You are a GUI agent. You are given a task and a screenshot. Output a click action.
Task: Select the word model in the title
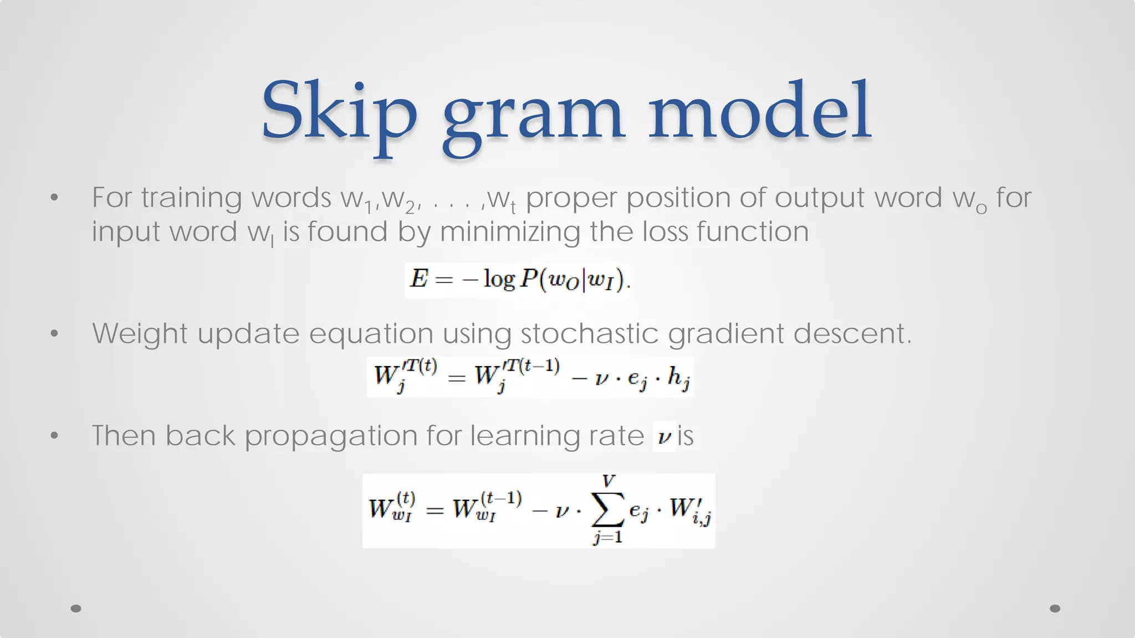pyautogui.click(x=760, y=111)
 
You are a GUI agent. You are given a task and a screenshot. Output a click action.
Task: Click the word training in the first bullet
pyautogui.click(x=191, y=198)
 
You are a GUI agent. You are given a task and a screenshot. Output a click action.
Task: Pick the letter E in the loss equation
pyautogui.click(x=419, y=278)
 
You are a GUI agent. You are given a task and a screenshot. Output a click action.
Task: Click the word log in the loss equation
pyautogui.click(x=499, y=279)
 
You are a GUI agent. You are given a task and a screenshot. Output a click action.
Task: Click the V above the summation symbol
pyautogui.click(x=609, y=481)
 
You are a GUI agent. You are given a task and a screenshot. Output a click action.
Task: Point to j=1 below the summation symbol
pyautogui.click(x=608, y=537)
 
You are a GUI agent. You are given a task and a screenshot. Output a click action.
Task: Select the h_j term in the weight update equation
pyautogui.click(x=678, y=378)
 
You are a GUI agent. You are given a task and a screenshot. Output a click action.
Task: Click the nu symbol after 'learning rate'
pyautogui.click(x=663, y=438)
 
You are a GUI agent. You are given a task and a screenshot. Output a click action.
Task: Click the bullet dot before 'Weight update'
pyautogui.click(x=54, y=333)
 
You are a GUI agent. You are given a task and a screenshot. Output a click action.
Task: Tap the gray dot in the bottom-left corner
pyautogui.click(x=76, y=609)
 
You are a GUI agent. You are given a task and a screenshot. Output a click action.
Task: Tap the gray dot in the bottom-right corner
pyautogui.click(x=1055, y=609)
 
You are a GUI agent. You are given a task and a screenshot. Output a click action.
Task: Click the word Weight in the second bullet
pyautogui.click(x=140, y=333)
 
